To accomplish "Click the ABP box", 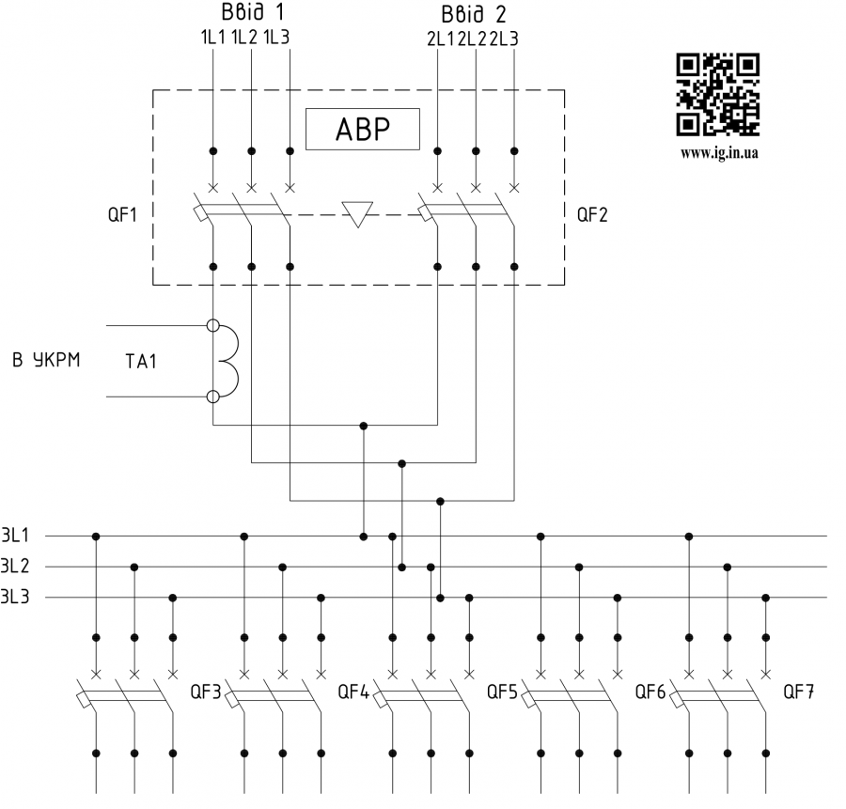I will click(362, 130).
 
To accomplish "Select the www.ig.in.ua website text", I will click(718, 153).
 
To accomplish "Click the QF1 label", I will click(122, 215).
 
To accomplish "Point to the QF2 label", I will click(592, 215).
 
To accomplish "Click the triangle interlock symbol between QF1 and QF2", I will click(358, 214).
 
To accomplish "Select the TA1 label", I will click(141, 361).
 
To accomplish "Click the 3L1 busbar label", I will click(15, 537).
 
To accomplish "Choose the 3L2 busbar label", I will click(15, 567).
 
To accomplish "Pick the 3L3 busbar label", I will click(15, 597).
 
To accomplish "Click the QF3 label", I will click(205, 693).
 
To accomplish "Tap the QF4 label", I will click(353, 693).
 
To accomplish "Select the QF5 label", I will click(502, 693).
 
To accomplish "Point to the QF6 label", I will click(650, 693).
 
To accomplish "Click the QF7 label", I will click(799, 693).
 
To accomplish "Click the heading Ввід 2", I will click(472, 14).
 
